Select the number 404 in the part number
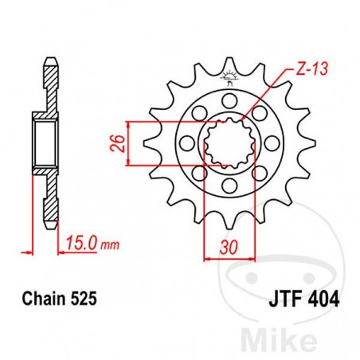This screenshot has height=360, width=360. (323, 300)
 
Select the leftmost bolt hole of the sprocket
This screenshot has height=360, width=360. (186, 143)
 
